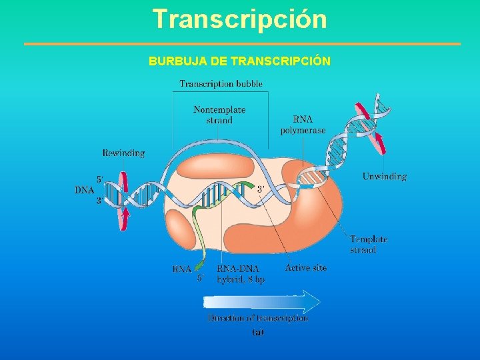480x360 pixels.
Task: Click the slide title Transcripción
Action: pos(239,19)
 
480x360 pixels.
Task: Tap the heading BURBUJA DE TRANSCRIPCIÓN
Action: pos(239,61)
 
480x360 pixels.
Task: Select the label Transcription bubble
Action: pos(221,84)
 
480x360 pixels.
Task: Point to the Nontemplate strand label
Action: pos(219,115)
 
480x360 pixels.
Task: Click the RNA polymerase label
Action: pos(303,125)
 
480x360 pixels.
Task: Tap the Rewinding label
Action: pos(123,153)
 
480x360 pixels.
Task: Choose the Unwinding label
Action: pos(385,177)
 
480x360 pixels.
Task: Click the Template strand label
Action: pos(369,244)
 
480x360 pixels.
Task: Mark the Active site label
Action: pos(306,268)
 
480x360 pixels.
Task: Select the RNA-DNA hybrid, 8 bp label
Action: pos(240,274)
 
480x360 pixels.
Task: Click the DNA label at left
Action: pos(84,190)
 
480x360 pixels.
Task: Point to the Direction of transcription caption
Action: pos(257,318)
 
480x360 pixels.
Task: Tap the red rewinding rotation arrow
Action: pos(123,201)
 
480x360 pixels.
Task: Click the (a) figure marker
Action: pos(258,332)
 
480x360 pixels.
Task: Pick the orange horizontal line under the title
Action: pos(242,44)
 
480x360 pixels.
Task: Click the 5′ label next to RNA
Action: pos(201,279)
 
